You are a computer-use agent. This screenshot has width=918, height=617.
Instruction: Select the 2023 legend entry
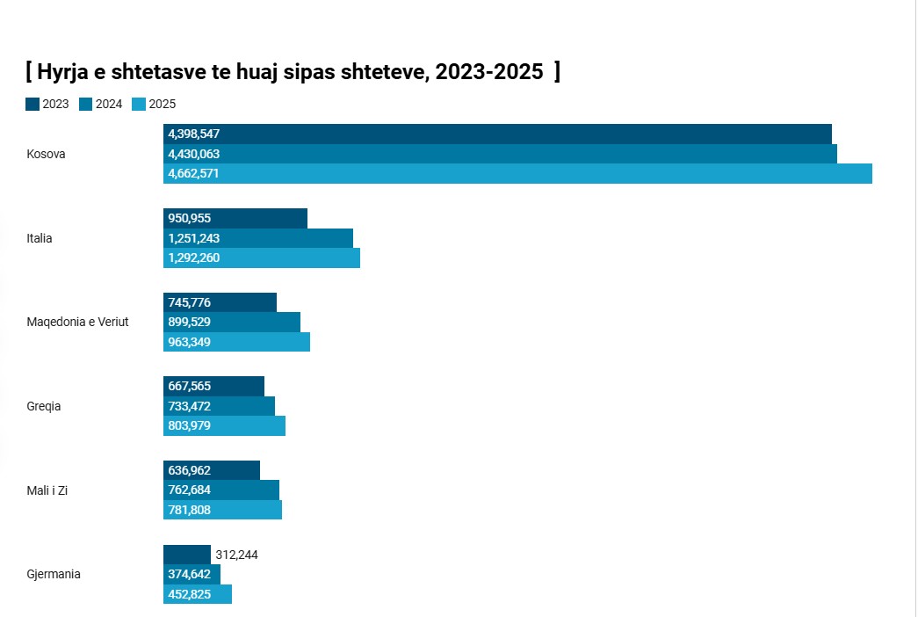pos(47,104)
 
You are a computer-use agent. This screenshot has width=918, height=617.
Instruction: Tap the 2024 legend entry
pos(100,104)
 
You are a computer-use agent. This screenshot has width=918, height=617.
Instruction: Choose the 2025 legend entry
pos(154,104)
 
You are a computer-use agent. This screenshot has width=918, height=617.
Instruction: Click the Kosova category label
pos(46,154)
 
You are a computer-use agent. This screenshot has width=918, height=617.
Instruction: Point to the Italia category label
pos(40,238)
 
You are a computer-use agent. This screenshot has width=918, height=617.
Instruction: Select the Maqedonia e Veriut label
pos(77,322)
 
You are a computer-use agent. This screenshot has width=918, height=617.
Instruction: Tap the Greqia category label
pos(44,406)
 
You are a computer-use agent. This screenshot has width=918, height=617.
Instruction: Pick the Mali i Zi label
pos(48,490)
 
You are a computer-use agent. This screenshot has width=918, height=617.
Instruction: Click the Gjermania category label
pos(54,574)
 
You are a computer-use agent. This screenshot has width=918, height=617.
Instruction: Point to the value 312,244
pos(236,555)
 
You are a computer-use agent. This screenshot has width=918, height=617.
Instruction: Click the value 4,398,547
pos(193,134)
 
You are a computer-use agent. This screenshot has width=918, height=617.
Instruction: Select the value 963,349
pos(189,342)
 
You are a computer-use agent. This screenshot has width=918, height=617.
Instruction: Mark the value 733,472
pos(189,406)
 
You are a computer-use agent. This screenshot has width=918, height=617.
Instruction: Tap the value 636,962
pos(189,470)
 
